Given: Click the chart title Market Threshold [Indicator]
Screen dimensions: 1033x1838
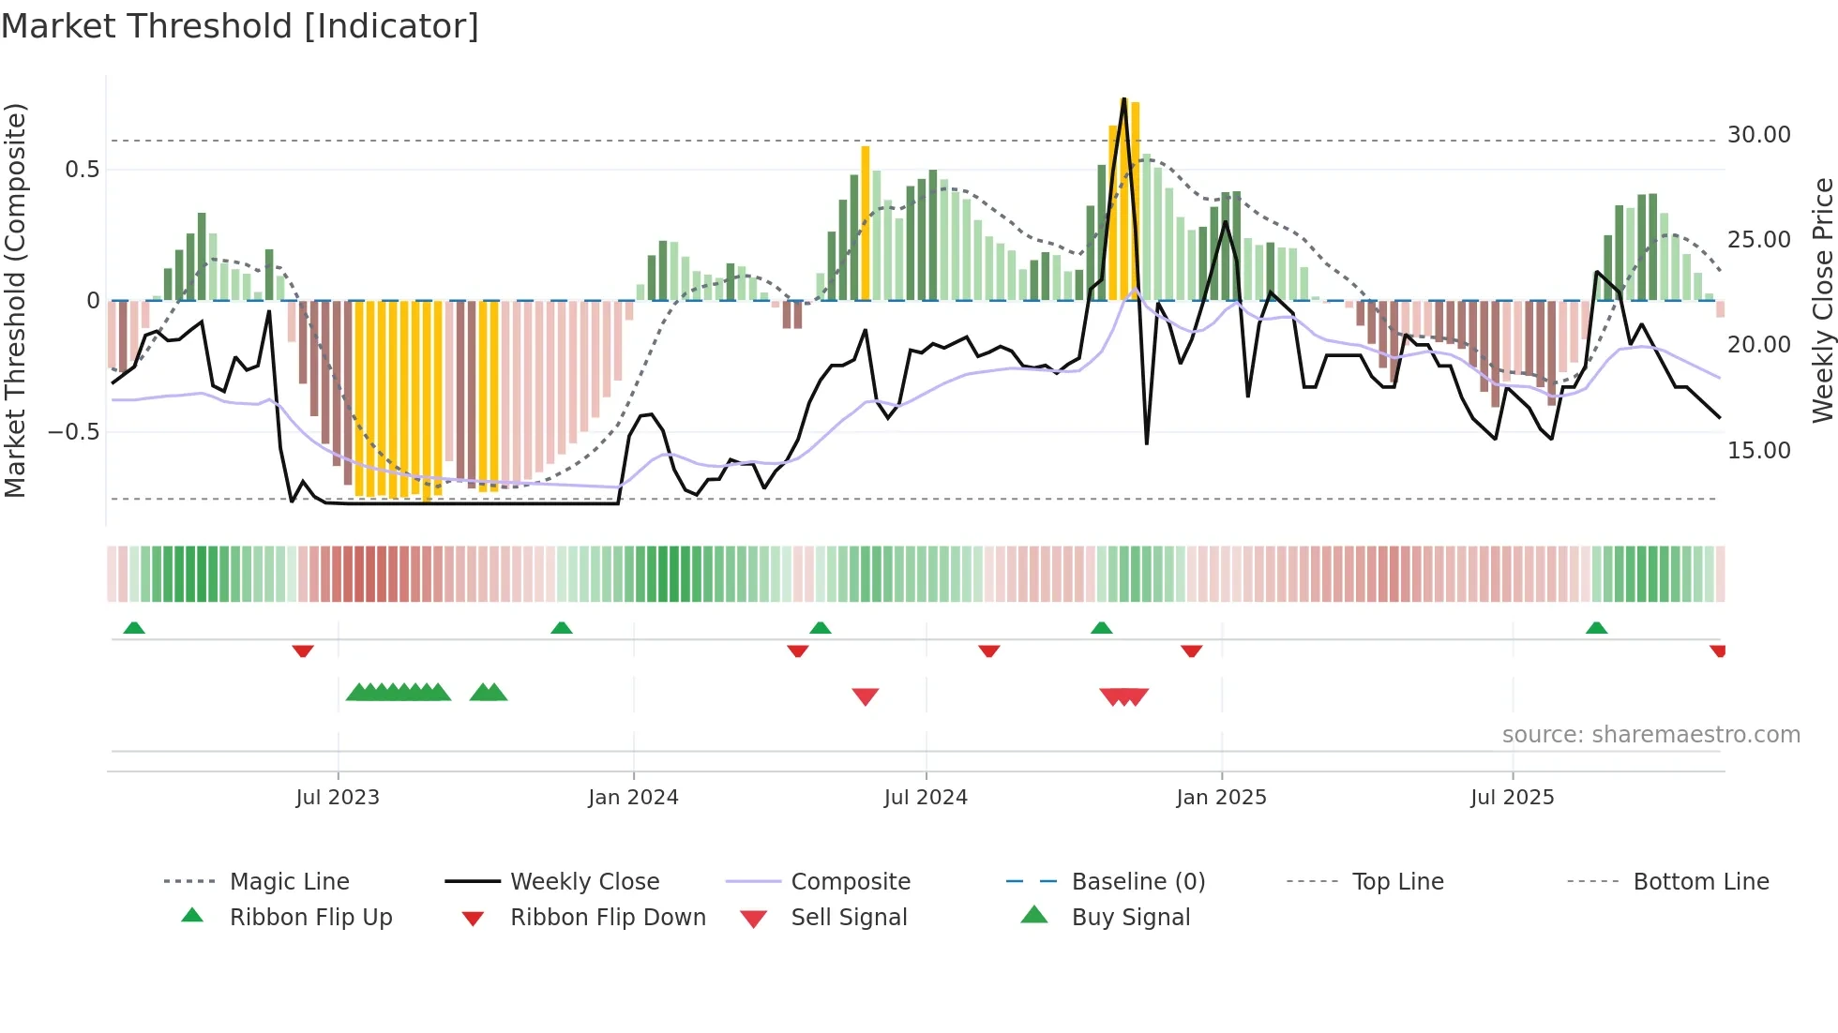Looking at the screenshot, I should click(x=240, y=26).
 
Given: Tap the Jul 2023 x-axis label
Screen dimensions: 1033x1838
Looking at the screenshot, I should click(x=338, y=798).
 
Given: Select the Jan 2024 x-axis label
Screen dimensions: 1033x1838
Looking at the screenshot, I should click(x=633, y=798).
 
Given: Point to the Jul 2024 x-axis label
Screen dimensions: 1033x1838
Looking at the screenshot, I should click(x=926, y=798).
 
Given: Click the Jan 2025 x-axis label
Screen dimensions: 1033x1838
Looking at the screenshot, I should click(x=1221, y=798).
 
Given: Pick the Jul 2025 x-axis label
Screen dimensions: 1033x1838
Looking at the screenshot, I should click(x=1512, y=798).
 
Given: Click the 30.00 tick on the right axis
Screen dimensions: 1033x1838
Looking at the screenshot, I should click(x=1758, y=135).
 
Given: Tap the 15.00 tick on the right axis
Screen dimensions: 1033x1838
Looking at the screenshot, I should click(x=1758, y=451).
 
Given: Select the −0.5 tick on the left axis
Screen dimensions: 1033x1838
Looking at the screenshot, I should click(x=73, y=432).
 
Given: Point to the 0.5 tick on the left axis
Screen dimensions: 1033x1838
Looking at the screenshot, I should click(x=82, y=170).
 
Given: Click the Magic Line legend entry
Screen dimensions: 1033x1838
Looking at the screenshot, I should click(x=289, y=882).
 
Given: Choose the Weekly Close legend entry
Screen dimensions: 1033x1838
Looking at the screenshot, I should click(x=584, y=882).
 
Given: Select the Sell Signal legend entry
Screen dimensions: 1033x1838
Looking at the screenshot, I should click(x=849, y=918).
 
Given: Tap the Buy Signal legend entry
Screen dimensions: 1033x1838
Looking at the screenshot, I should click(x=1130, y=918).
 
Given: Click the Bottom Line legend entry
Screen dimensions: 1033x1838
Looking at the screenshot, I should click(x=1700, y=882).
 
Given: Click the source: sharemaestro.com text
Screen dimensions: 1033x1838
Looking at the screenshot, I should click(x=1650, y=735).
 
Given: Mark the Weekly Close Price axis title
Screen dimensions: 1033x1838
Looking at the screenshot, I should click(x=1822, y=300).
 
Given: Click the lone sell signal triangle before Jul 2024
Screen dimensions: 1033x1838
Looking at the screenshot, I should click(x=865, y=696).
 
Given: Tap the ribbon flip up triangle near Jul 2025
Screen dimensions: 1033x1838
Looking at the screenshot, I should click(x=1596, y=628).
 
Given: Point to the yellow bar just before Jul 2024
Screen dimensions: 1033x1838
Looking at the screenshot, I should click(x=866, y=223).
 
